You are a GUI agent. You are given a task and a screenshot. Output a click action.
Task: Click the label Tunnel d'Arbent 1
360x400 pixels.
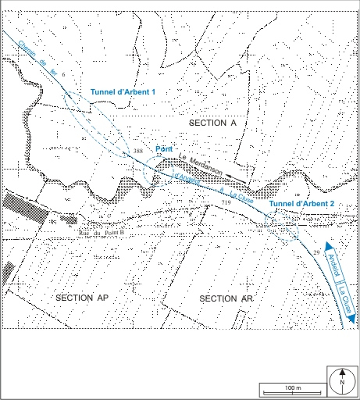pyautogui.click(x=123, y=92)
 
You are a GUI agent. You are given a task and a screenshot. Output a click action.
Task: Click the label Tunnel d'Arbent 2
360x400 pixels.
pyautogui.click(x=301, y=203)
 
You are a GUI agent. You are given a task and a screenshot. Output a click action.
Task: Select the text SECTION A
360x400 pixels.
pyautogui.click(x=212, y=124)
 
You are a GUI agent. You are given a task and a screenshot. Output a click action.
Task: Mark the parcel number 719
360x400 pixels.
pyautogui.click(x=226, y=202)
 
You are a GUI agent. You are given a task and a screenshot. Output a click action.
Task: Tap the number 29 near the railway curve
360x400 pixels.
pyautogui.click(x=316, y=254)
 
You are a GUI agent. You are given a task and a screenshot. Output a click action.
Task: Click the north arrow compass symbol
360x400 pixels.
pyautogui.click(x=342, y=380)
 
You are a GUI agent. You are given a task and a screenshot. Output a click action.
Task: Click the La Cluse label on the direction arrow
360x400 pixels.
pyautogui.click(x=344, y=301)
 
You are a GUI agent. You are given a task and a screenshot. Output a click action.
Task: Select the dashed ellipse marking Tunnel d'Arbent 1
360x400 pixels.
pyautogui.click(x=97, y=125)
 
